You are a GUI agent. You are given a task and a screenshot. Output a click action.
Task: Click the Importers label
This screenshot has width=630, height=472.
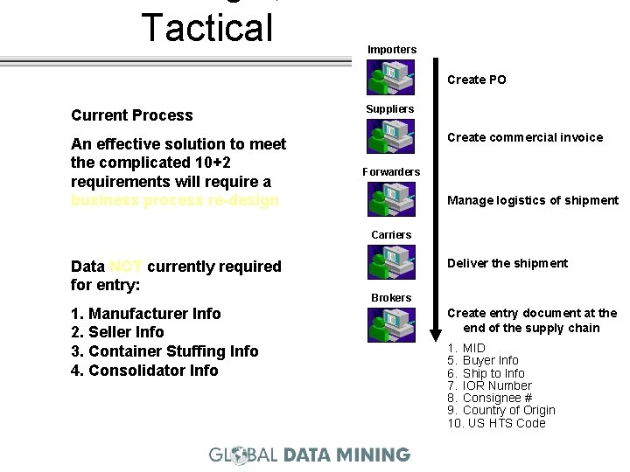point(392,50)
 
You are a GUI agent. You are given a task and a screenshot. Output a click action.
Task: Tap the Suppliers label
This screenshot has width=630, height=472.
point(389,109)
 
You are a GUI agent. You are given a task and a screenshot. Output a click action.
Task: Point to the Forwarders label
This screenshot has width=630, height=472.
point(391,172)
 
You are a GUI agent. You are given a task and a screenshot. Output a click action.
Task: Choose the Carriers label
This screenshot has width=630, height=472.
point(391,235)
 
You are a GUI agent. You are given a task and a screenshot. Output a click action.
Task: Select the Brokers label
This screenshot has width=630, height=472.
point(390,298)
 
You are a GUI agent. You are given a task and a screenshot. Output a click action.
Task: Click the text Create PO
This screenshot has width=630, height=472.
point(476,80)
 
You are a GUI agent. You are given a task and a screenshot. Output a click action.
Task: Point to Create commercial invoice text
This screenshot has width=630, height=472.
point(525,137)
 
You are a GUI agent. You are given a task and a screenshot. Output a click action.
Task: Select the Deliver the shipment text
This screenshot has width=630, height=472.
point(507,263)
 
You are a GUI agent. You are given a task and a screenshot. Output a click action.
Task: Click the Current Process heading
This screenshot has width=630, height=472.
point(131,115)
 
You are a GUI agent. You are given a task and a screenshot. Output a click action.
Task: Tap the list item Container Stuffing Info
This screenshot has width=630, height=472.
point(164,351)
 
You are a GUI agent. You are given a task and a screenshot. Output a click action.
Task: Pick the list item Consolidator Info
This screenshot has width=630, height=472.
point(144,371)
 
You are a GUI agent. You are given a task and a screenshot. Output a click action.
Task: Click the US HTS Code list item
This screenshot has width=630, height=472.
point(496,423)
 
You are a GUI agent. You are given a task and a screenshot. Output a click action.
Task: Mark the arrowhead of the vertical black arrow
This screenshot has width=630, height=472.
point(437,334)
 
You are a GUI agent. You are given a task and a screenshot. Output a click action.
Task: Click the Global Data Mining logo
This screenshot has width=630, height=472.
point(309,455)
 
